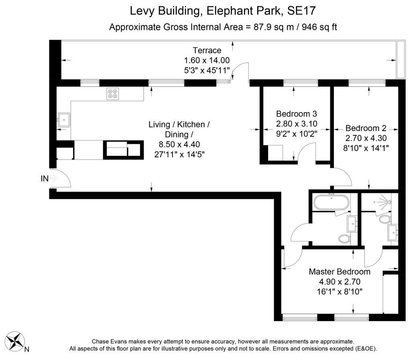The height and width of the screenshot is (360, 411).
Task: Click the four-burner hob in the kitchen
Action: (x=112, y=94)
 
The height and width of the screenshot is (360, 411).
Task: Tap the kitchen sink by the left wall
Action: (x=64, y=120)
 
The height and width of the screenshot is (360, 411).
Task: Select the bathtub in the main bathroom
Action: (x=331, y=202)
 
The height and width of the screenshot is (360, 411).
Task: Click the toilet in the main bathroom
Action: (x=344, y=239)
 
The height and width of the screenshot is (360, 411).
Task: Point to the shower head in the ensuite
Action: (x=389, y=202)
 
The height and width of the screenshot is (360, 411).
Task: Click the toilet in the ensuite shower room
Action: (x=385, y=219)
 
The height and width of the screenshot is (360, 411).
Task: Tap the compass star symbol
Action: (x=15, y=341)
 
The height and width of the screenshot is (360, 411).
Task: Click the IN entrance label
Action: (x=45, y=179)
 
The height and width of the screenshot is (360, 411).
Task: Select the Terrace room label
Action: (x=207, y=50)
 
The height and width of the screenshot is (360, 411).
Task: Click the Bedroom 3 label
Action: (x=297, y=114)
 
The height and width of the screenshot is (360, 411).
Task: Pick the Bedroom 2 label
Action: (x=366, y=128)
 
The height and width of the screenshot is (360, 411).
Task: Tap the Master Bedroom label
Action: (x=340, y=272)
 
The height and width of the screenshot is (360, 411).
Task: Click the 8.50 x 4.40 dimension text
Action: (x=179, y=144)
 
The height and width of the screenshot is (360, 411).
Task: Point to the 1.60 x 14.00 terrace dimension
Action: (x=207, y=60)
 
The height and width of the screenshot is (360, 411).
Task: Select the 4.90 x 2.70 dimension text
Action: (x=340, y=282)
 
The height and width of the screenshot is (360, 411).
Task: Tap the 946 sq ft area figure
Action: (x=319, y=27)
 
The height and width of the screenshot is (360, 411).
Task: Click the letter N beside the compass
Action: (x=27, y=349)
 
